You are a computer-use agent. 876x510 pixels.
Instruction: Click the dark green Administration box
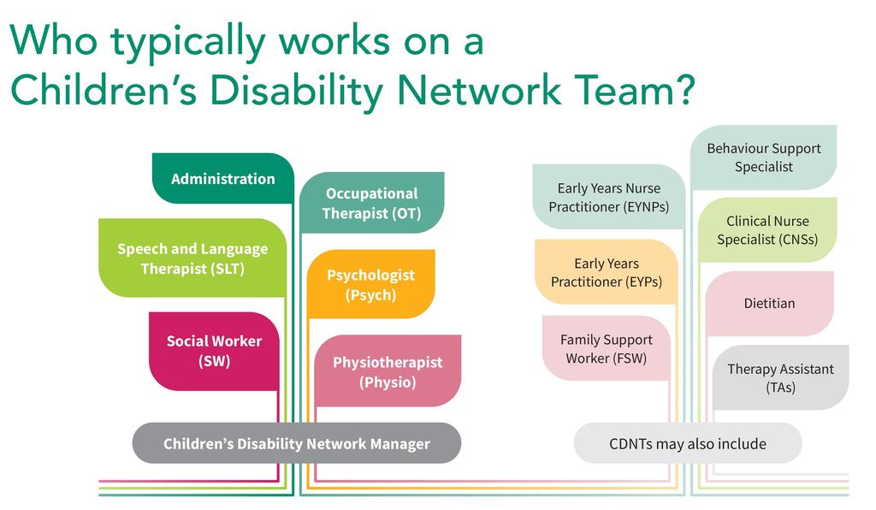click(x=222, y=179)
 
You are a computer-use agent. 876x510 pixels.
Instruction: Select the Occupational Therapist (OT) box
click(x=371, y=204)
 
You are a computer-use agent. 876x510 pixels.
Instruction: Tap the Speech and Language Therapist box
click(x=192, y=258)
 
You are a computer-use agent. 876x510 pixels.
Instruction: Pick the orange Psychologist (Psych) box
click(x=370, y=284)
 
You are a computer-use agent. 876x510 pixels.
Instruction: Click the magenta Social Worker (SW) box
click(x=214, y=351)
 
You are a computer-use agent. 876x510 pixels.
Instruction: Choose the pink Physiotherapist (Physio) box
click(x=388, y=371)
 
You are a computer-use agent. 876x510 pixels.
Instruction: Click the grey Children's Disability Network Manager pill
click(x=296, y=443)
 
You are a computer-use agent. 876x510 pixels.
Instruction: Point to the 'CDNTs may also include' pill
click(x=687, y=443)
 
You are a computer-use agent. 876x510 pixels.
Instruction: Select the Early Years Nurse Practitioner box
click(x=608, y=198)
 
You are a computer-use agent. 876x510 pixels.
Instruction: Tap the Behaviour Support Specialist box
click(x=763, y=157)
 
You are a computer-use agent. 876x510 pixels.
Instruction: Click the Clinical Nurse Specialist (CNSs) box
click(x=766, y=230)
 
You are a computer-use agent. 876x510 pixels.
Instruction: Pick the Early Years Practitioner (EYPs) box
click(x=606, y=272)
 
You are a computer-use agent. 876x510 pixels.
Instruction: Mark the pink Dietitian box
click(x=769, y=303)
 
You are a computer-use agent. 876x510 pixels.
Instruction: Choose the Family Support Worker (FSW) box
click(x=606, y=349)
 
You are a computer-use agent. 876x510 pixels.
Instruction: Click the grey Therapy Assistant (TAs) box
click(x=780, y=377)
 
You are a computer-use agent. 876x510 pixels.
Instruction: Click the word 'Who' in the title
click(x=52, y=41)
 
